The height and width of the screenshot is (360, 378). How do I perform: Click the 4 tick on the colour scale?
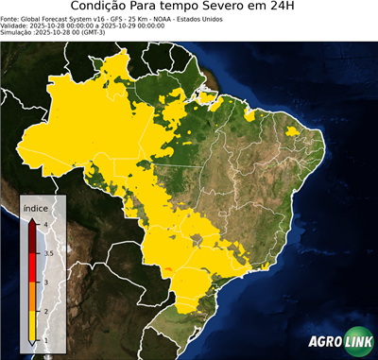point(45,223)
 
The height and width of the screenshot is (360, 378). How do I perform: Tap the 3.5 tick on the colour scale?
point(47,253)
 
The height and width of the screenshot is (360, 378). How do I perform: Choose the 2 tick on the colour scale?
point(45,311)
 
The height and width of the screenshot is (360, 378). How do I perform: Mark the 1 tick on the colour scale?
point(45,340)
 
